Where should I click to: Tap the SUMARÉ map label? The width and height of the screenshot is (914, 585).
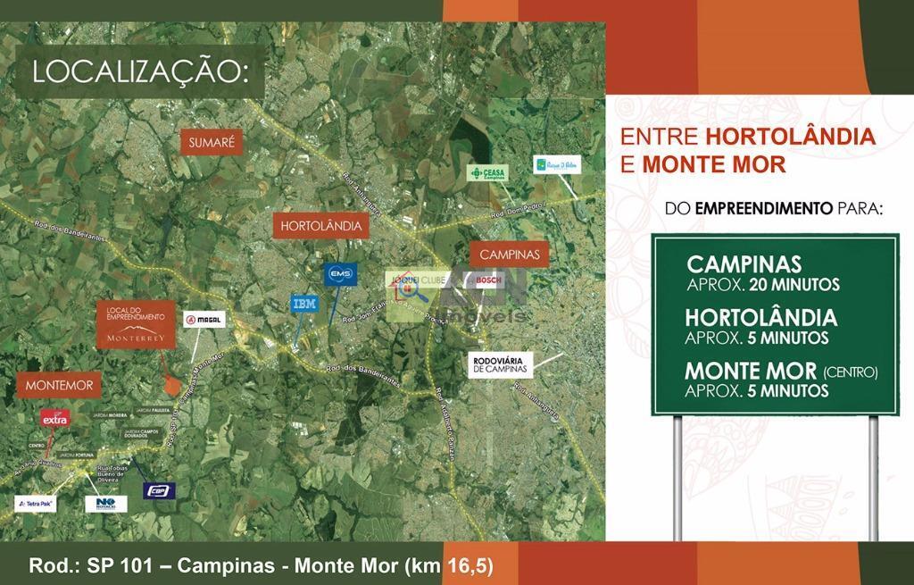click(212, 142)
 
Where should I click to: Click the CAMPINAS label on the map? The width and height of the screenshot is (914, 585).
click(510, 255)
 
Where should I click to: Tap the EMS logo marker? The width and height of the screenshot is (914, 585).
click(341, 273)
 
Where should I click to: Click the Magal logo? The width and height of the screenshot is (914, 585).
click(204, 320)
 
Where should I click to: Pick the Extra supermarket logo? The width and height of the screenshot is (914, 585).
click(54, 419)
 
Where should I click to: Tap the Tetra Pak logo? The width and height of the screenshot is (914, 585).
click(36, 504)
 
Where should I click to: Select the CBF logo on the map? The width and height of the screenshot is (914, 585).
click(160, 490)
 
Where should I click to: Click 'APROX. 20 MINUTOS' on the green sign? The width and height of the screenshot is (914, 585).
click(763, 285)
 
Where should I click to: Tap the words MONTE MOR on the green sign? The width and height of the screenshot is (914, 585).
click(751, 372)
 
